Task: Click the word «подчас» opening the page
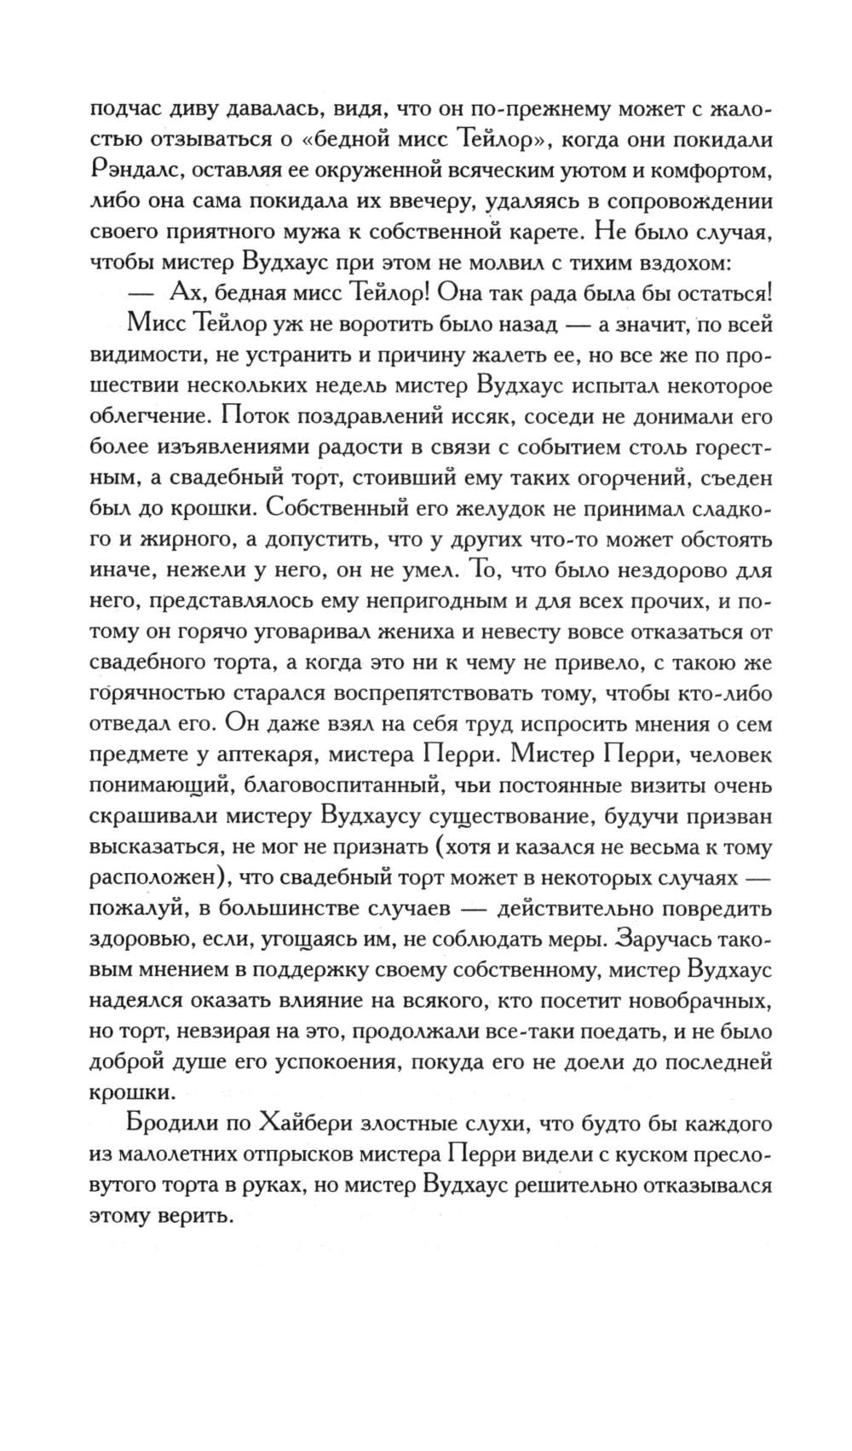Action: point(127,110)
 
